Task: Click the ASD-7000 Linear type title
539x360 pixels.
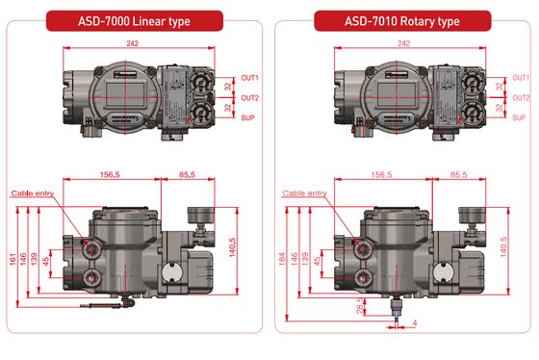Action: click(135, 20)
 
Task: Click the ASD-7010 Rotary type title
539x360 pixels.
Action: click(402, 20)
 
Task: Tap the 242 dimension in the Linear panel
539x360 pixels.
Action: click(135, 43)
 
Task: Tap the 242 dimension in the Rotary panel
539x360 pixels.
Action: click(403, 43)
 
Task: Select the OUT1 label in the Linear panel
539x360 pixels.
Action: click(249, 77)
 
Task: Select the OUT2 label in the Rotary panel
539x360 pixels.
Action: click(520, 98)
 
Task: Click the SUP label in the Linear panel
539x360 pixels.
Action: click(248, 118)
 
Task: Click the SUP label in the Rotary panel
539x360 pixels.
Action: click(519, 118)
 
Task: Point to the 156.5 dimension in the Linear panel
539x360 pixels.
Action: click(116, 175)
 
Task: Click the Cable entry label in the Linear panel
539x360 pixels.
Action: click(34, 193)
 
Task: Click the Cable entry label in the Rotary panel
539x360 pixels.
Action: click(304, 193)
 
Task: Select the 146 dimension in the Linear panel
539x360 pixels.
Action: click(25, 259)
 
